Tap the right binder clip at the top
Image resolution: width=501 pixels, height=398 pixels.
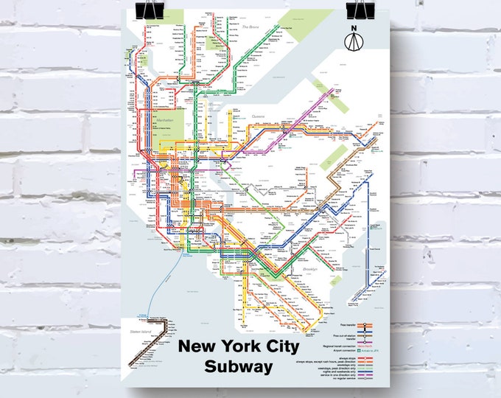pos(365,9)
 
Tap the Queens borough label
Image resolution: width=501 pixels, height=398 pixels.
pos(258,116)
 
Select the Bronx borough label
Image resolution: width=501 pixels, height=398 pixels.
pos(253,27)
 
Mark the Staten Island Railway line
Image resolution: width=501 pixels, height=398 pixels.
pos(152,339)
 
